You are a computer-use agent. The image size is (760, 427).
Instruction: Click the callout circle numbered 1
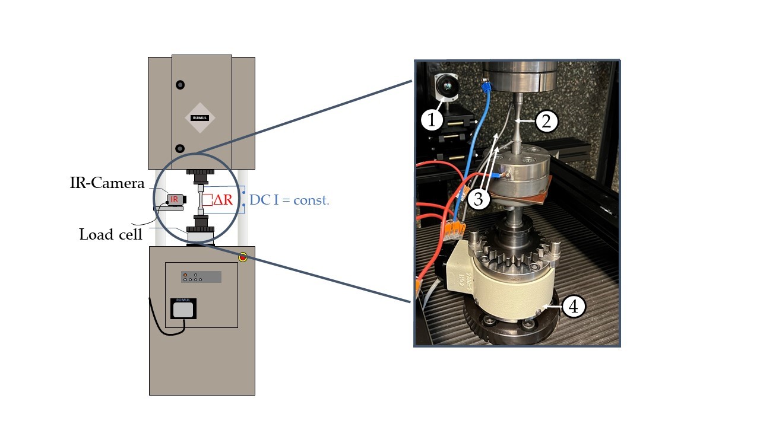[x=432, y=120]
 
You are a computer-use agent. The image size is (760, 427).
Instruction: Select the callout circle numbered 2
[x=546, y=122]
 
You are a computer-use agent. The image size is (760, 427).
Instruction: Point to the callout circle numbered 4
[x=574, y=307]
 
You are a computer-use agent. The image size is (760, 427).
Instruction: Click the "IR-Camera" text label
[x=107, y=183]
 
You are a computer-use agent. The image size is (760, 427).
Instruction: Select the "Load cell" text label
[x=111, y=234]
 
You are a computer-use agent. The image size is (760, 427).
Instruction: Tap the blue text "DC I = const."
[x=289, y=200]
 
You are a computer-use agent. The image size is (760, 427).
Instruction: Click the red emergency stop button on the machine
[x=242, y=257]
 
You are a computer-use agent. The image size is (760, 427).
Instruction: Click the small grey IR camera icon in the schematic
[x=174, y=200]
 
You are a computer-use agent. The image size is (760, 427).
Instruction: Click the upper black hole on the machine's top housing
[x=180, y=85]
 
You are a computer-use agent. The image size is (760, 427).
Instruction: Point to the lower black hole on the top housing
[x=180, y=148]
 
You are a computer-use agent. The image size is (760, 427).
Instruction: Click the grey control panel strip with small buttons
[x=201, y=277]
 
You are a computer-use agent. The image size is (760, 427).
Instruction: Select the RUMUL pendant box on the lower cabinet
[x=183, y=308]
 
